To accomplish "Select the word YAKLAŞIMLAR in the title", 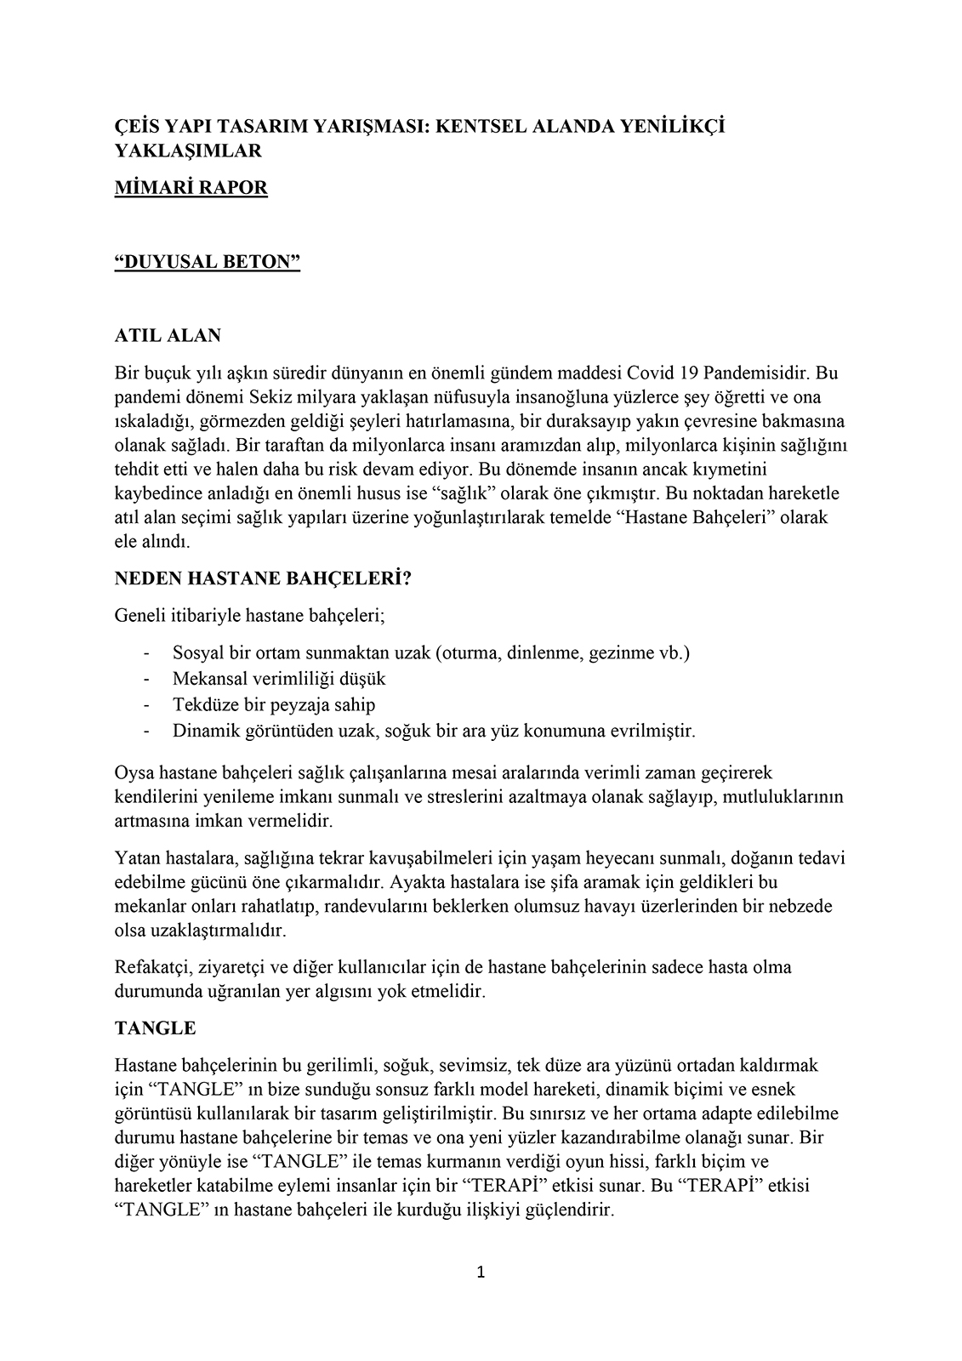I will (x=187, y=151).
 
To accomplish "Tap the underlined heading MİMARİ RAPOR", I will (x=191, y=188).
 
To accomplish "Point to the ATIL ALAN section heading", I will (x=168, y=335).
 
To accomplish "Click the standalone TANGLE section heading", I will (x=155, y=1028).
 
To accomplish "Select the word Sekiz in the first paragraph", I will (x=270, y=396).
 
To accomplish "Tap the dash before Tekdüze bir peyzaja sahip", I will (x=147, y=704).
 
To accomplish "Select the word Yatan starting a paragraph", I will (x=136, y=857).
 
